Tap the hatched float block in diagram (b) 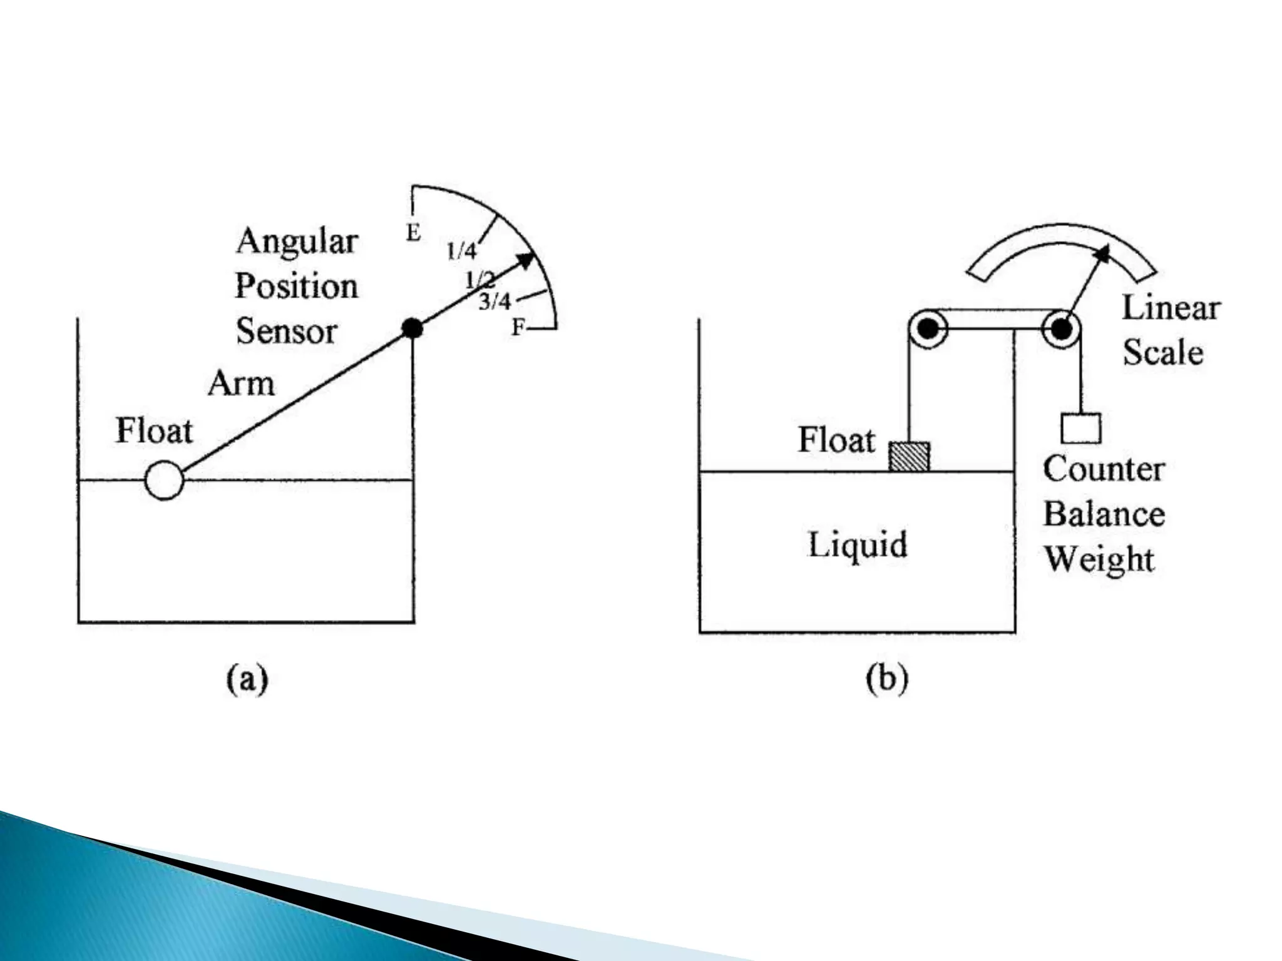click(909, 456)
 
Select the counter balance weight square click(1081, 429)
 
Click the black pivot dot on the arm click(412, 327)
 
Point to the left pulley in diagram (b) click(928, 328)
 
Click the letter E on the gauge click(413, 233)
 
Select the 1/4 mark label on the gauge click(462, 252)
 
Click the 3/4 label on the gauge click(495, 302)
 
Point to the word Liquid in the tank click(858, 544)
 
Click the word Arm click(241, 383)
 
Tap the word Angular click(297, 242)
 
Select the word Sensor click(287, 331)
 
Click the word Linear click(1171, 308)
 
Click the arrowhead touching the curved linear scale click(1102, 253)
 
